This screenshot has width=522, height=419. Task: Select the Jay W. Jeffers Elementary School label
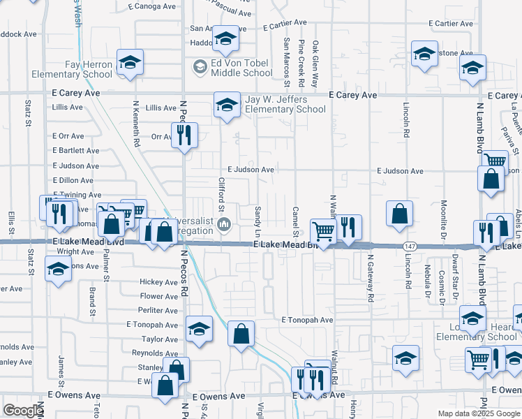[285, 105]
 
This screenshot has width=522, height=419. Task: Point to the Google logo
[23, 411]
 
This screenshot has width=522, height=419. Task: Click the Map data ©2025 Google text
[479, 413]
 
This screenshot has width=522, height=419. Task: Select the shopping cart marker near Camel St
[322, 230]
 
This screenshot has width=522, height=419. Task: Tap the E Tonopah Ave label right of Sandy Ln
[308, 320]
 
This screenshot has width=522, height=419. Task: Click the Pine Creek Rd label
[301, 64]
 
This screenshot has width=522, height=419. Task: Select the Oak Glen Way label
[315, 64]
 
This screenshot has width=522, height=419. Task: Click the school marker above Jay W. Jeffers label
[225, 104]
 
